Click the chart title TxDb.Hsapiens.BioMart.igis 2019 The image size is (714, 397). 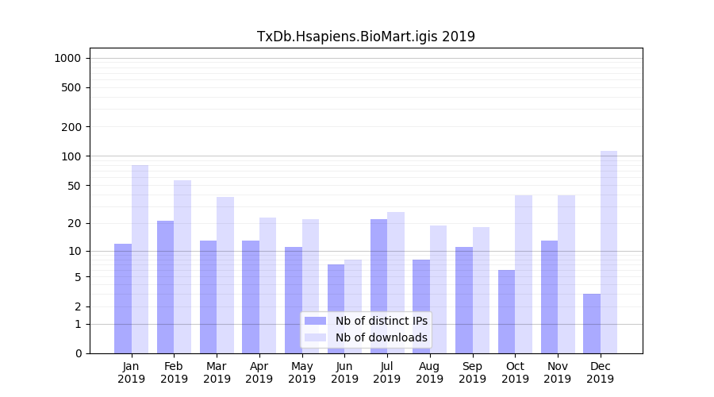tap(366, 37)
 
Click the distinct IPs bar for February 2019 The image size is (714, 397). tap(166, 287)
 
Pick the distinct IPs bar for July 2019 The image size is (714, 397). tap(378, 286)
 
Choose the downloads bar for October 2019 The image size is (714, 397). tap(524, 274)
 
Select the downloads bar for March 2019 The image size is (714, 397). tap(225, 275)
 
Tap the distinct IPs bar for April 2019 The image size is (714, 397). tap(251, 297)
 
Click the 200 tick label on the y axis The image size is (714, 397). tap(71, 127)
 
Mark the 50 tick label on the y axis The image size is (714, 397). tap(74, 186)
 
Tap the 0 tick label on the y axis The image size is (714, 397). tap(78, 353)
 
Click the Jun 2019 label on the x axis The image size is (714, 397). tap(344, 372)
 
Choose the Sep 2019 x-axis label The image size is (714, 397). tap(472, 372)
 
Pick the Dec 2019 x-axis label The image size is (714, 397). tap(600, 372)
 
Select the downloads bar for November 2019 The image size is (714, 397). tap(566, 274)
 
